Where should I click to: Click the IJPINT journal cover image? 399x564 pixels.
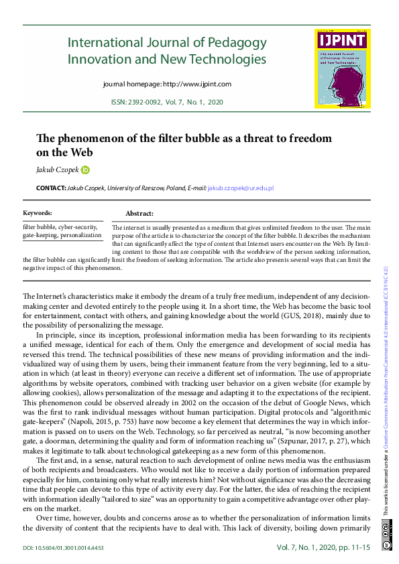tap(342, 68)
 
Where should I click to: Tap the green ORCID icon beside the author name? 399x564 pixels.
tap(85, 170)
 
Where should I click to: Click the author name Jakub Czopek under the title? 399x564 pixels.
tap(58, 170)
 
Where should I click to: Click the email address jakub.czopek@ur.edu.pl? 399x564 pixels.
tap(241, 190)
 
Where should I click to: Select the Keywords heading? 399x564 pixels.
tap(38, 213)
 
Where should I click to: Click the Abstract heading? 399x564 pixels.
tap(139, 213)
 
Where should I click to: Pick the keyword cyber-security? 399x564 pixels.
tap(79, 227)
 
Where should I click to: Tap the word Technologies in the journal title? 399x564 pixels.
tap(225, 60)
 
